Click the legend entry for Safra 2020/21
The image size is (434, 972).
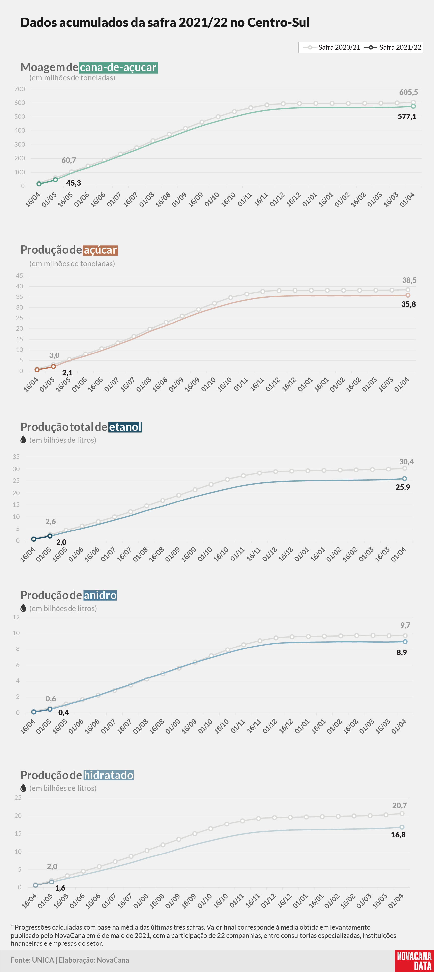(332, 47)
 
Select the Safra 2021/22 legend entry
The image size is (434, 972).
(393, 47)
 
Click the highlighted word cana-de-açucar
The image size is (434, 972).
(118, 67)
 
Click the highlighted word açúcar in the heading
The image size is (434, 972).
(100, 250)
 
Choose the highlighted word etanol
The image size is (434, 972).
(125, 427)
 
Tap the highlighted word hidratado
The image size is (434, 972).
(109, 775)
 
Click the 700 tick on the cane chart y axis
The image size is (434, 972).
(20, 89)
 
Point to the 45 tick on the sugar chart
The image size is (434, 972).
(19, 275)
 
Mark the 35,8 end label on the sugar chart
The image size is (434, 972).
(408, 304)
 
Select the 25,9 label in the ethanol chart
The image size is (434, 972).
(403, 487)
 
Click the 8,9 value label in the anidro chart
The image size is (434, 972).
(402, 653)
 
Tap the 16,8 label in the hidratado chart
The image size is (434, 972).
(398, 835)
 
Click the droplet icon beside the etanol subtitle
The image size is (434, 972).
(23, 440)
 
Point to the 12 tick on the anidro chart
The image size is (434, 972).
(16, 617)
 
